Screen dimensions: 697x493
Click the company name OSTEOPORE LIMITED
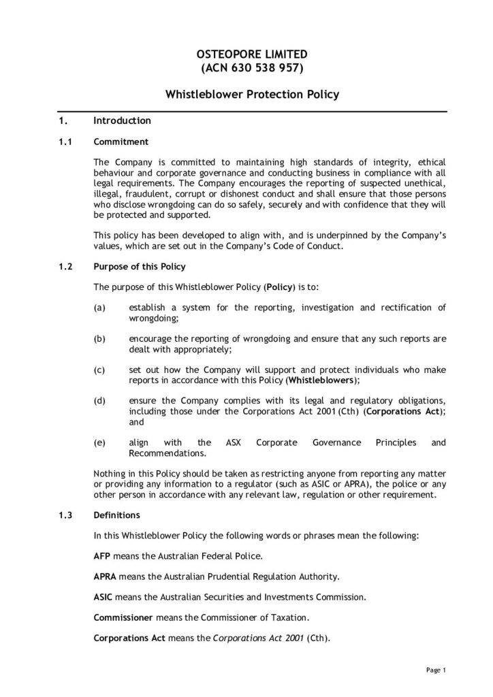tap(252, 53)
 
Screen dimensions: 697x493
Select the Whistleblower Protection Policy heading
tap(252, 95)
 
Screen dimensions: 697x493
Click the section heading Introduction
tap(122, 121)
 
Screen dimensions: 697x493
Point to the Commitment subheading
tap(116, 142)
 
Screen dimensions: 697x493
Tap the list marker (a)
tap(99, 308)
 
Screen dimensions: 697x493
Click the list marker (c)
tap(99, 370)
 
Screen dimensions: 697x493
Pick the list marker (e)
tap(99, 442)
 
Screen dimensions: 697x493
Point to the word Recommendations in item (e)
tap(166, 453)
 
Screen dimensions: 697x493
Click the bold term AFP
tap(101, 556)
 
